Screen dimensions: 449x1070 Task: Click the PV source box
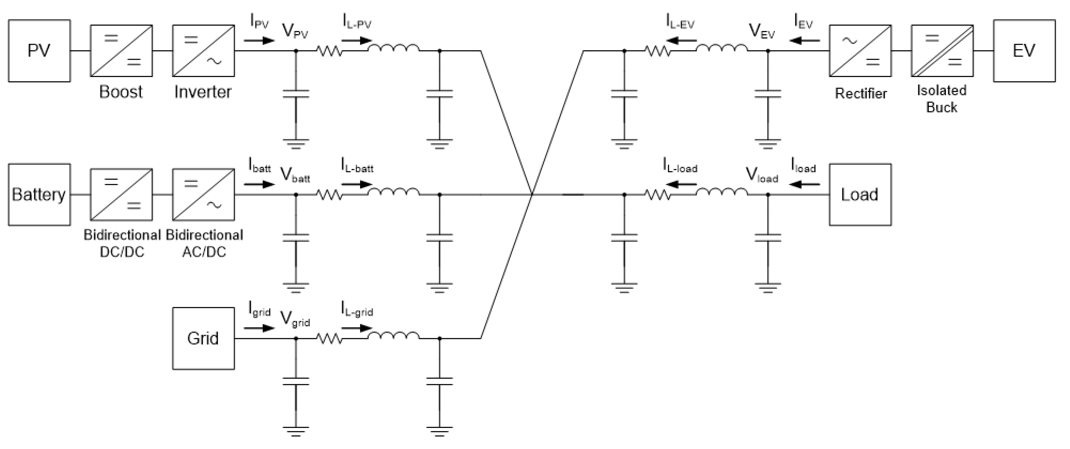(x=39, y=51)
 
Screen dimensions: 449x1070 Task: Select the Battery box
(x=39, y=195)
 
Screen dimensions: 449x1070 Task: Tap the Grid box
(x=203, y=338)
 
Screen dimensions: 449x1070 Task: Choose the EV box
(x=1024, y=51)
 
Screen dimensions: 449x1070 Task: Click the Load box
(x=860, y=195)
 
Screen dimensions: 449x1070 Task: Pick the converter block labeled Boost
(x=121, y=51)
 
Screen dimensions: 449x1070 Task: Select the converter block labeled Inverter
(x=203, y=51)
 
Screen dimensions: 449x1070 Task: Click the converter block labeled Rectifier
(x=860, y=51)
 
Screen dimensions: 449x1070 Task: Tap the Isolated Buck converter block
(x=942, y=51)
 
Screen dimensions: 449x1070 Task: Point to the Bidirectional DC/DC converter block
(x=121, y=195)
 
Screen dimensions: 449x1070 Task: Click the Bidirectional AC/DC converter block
(x=203, y=195)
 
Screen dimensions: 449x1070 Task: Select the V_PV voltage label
(x=295, y=32)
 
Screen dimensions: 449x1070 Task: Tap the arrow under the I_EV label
(x=805, y=41)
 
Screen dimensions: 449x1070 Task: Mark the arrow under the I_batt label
(x=259, y=184)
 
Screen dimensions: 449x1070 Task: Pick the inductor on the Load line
(x=722, y=193)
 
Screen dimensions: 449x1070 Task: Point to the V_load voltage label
(x=761, y=175)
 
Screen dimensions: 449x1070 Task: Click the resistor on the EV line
(x=658, y=51)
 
